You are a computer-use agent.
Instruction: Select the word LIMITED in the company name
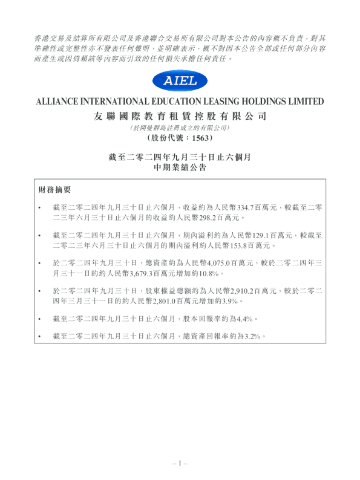pyautogui.click(x=304, y=102)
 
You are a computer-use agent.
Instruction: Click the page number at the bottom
pyautogui.click(x=180, y=462)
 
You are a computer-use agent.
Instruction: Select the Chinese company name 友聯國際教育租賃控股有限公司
pyautogui.click(x=180, y=115)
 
